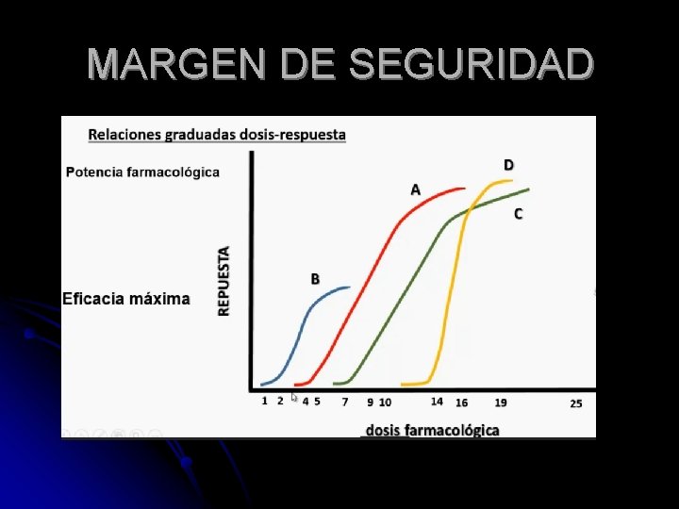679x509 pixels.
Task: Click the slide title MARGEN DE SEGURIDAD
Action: (339, 64)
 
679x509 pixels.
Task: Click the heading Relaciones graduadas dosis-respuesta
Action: (217, 135)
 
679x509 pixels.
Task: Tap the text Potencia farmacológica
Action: (143, 172)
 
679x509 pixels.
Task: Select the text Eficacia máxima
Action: (125, 299)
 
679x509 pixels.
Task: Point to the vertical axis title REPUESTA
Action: (224, 280)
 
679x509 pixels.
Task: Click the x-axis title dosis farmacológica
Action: (433, 430)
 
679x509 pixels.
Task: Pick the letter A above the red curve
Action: (415, 189)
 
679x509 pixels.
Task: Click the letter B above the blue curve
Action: (315, 279)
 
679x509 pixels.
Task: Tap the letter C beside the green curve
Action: (518, 214)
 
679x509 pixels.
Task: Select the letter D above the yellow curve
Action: (508, 165)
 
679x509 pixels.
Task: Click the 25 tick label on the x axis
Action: (576, 402)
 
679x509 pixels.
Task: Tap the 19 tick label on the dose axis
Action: (501, 402)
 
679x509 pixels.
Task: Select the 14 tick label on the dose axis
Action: (437, 402)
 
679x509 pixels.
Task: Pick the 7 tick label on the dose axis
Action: (345, 402)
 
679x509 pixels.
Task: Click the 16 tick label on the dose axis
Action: (461, 402)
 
